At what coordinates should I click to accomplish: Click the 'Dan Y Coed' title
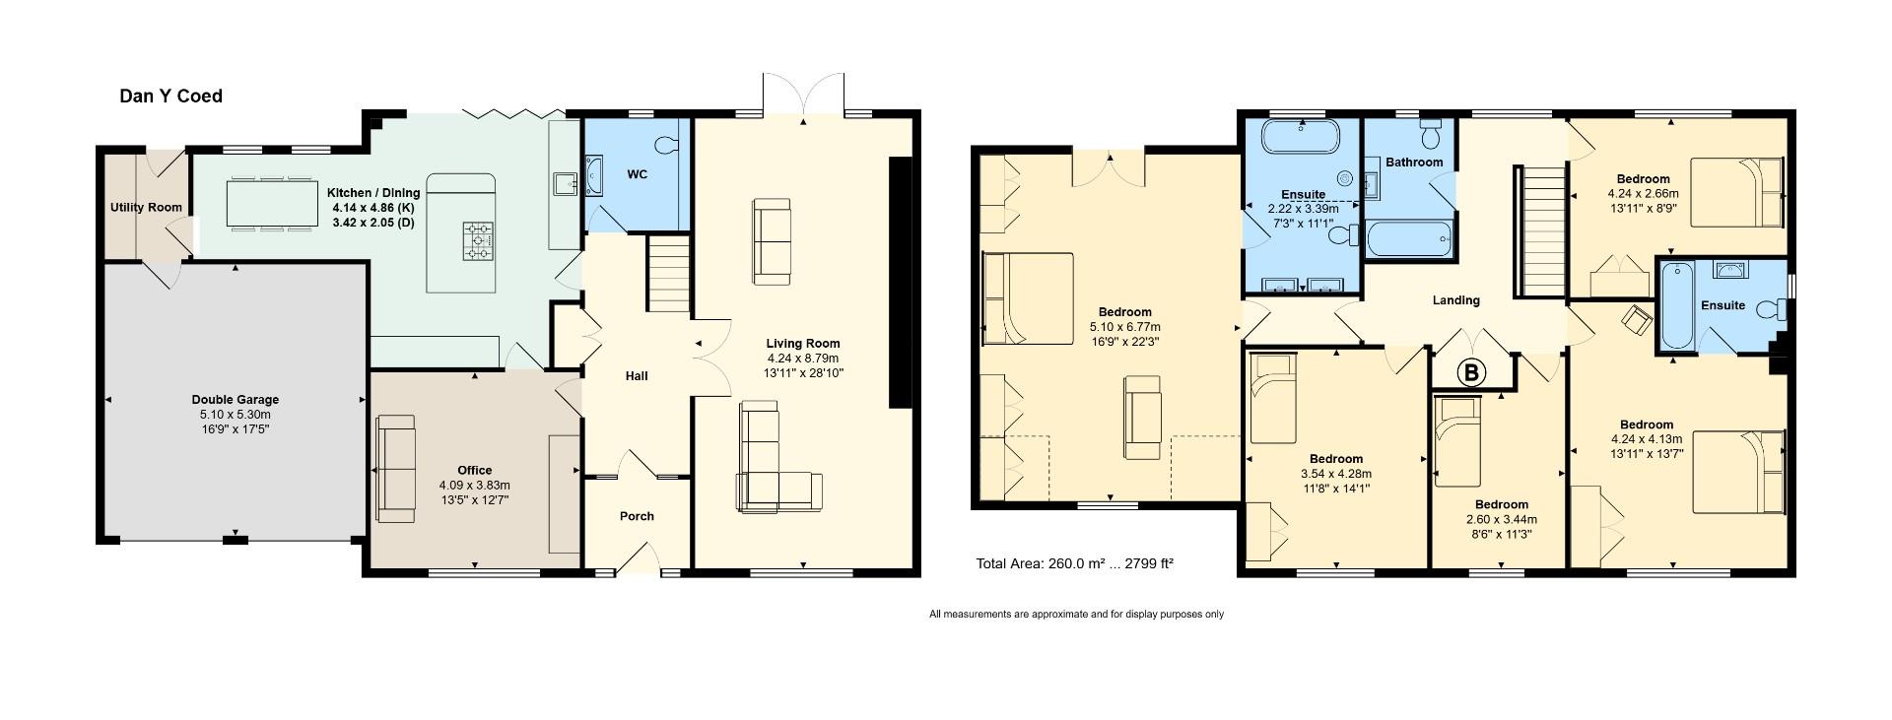click(x=170, y=96)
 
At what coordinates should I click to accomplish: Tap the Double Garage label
click(x=235, y=400)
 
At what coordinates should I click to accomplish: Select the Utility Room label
click(x=146, y=208)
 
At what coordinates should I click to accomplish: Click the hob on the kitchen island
click(x=479, y=241)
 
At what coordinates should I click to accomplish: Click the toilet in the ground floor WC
click(x=668, y=146)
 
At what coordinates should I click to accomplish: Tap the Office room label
click(x=474, y=470)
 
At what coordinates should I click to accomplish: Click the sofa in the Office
click(x=396, y=469)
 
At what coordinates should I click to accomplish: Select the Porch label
click(x=637, y=516)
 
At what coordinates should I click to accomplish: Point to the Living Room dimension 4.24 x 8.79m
click(x=803, y=359)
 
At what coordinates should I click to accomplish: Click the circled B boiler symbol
click(x=1471, y=373)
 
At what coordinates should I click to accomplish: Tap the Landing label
click(x=1455, y=300)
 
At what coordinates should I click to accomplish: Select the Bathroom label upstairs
click(x=1414, y=163)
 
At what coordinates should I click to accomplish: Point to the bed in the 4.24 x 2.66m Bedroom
click(x=1737, y=192)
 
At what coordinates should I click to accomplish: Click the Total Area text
click(x=1074, y=564)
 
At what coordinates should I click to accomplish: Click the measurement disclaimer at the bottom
click(x=1076, y=615)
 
